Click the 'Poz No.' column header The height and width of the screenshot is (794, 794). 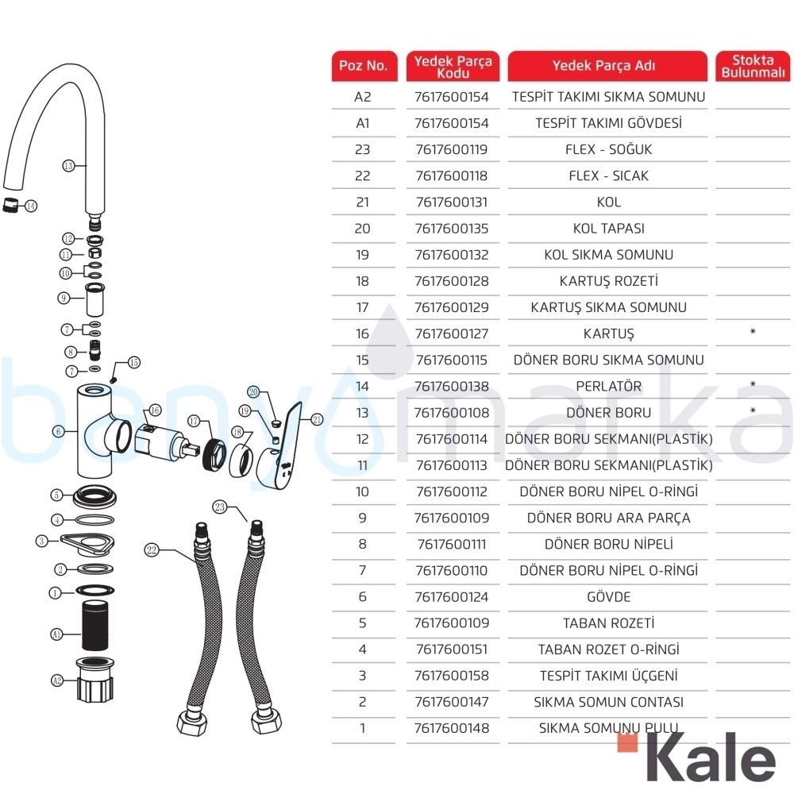tap(363, 66)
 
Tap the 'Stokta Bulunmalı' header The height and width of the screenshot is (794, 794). tap(753, 66)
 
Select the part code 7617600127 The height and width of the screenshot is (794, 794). tap(452, 333)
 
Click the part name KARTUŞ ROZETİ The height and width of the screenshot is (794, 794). tap(609, 281)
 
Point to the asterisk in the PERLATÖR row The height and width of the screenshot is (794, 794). tap(753, 384)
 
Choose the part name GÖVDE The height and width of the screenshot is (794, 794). tap(609, 597)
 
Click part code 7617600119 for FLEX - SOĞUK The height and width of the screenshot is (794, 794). tap(452, 149)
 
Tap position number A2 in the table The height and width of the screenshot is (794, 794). tap(363, 97)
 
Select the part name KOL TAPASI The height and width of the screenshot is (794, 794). tap(609, 229)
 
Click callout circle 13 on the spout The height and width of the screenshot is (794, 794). tap(68, 166)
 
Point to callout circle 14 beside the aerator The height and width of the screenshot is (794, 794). tap(32, 206)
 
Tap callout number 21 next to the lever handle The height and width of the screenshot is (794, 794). tap(317, 419)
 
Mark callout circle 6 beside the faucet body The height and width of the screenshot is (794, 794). tap(59, 431)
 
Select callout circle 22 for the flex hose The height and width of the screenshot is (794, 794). tap(152, 550)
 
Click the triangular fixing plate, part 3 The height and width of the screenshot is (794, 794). tap(87, 545)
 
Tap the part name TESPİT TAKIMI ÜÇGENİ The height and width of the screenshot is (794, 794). tap(609, 676)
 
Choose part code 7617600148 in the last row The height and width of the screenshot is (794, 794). tap(452, 728)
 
